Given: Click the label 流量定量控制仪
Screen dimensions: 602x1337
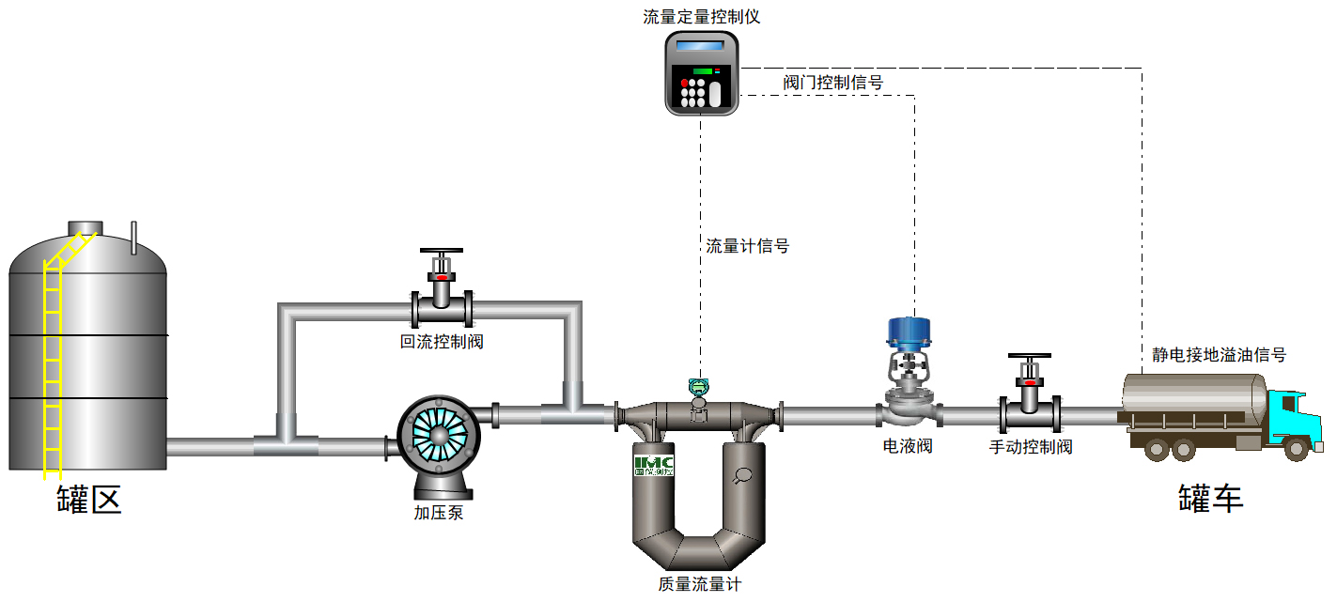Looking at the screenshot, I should (701, 16).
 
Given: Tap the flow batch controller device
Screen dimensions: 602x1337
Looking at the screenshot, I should (701, 73).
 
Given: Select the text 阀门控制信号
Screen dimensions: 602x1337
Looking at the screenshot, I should (833, 83).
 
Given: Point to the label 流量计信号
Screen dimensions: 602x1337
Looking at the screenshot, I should (748, 246).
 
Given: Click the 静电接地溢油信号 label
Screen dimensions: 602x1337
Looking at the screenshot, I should (1219, 355).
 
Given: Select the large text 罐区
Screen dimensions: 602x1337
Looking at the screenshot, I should (89, 499).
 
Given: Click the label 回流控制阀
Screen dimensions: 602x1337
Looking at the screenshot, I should (442, 341).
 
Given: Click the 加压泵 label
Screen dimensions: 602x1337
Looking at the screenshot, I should (439, 513).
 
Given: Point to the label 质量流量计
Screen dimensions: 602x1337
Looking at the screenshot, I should (700, 584).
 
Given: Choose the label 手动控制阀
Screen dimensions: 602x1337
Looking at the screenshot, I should (1031, 447).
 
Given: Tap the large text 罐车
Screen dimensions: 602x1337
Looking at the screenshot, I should (1211, 499).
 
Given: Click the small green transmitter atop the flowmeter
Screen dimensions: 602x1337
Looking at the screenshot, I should (697, 385).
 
